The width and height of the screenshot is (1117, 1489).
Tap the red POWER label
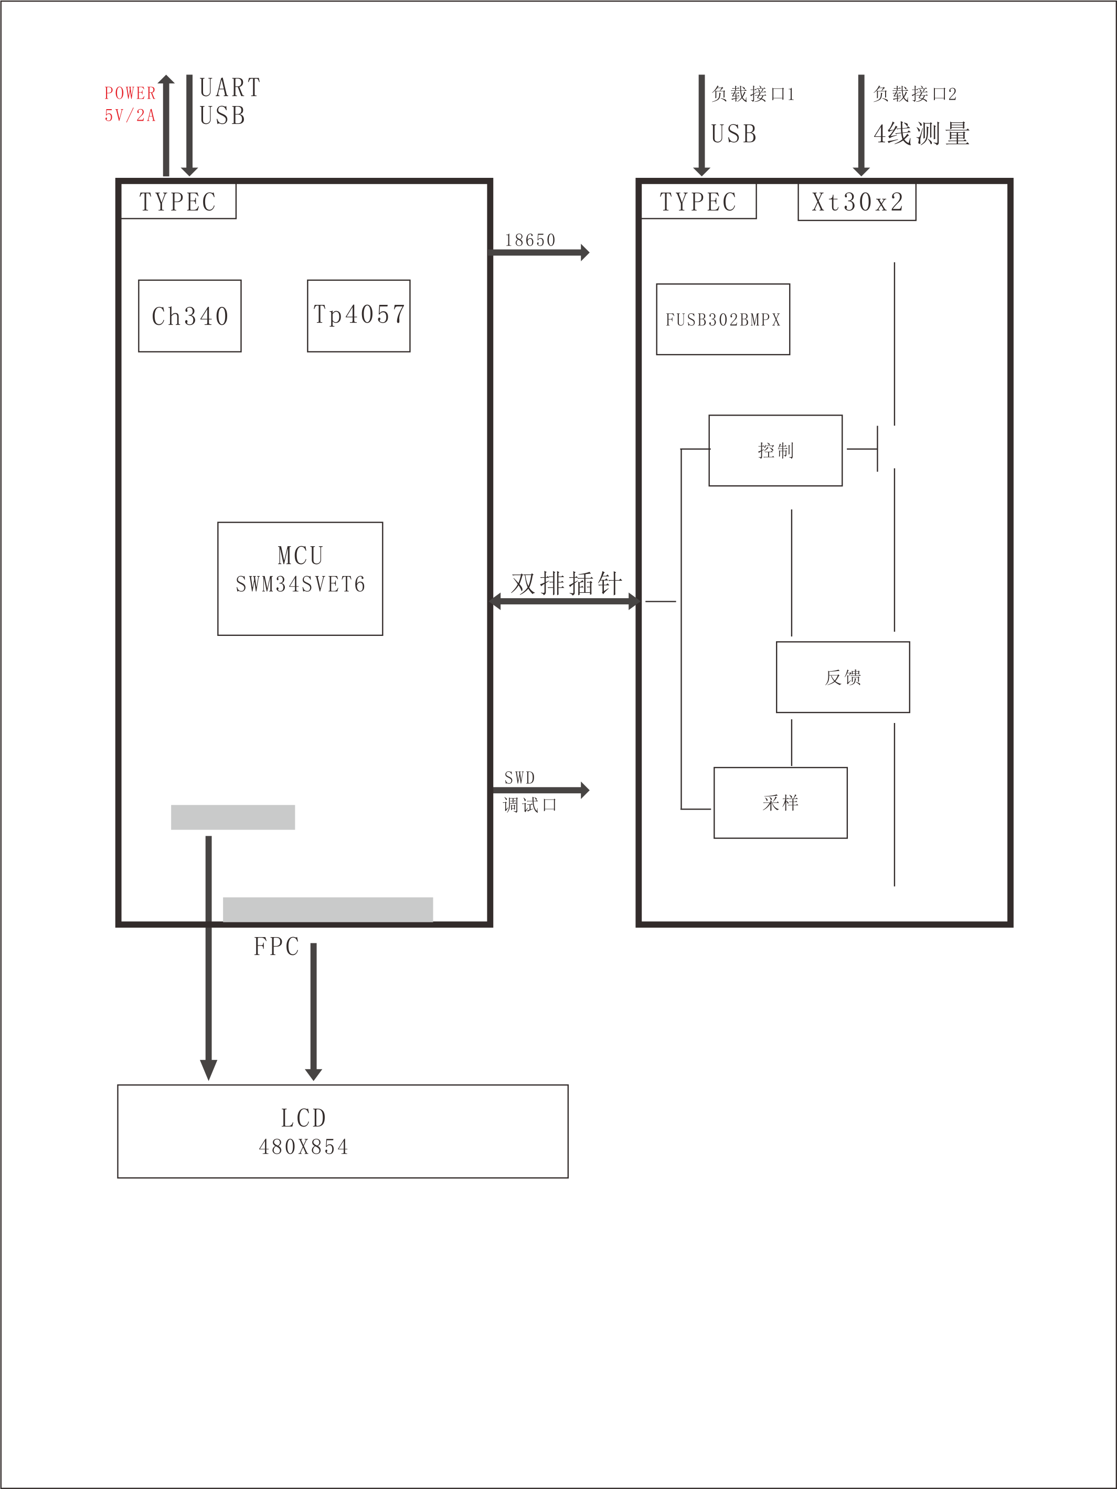(130, 93)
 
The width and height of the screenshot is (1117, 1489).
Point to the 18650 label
(530, 240)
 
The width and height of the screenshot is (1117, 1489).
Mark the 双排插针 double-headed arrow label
(566, 583)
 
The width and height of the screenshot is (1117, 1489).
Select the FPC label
(276, 946)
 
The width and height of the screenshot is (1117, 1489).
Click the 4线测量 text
(922, 134)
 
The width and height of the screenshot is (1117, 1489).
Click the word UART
(230, 88)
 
